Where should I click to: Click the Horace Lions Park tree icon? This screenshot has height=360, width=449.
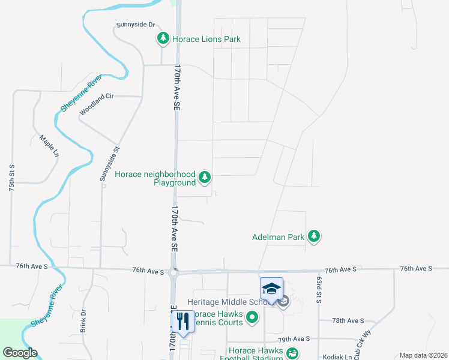click(163, 40)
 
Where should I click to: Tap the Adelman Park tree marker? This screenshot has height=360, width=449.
click(313, 237)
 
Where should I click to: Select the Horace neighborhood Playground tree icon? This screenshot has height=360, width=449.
click(205, 178)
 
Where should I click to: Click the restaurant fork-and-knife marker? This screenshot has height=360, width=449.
click(182, 321)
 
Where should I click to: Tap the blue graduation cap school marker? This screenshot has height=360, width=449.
click(271, 289)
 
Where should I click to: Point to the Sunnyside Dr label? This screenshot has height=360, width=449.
click(136, 25)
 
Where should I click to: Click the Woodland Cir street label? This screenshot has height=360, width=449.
click(97, 104)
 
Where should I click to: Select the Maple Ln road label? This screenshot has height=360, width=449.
click(49, 146)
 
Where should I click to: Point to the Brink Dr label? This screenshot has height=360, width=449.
click(83, 322)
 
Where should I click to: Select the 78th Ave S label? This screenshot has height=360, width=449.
click(349, 321)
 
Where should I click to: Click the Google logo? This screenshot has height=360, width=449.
click(20, 353)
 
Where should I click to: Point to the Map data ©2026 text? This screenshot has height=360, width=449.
click(423, 355)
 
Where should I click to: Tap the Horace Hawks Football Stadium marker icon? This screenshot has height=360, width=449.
click(292, 355)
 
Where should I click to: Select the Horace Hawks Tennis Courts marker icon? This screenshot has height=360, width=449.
click(253, 317)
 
